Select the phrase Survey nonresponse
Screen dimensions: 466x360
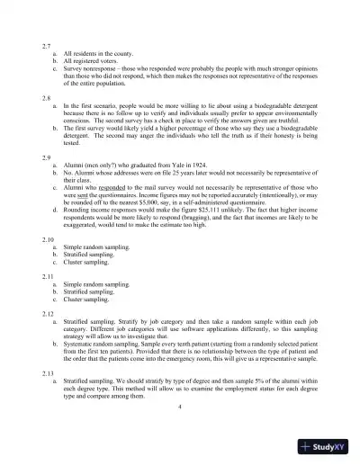(x=92, y=67)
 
